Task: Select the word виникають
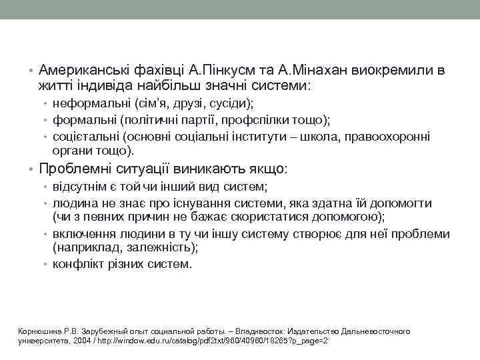199,169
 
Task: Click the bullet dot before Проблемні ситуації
31,169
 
